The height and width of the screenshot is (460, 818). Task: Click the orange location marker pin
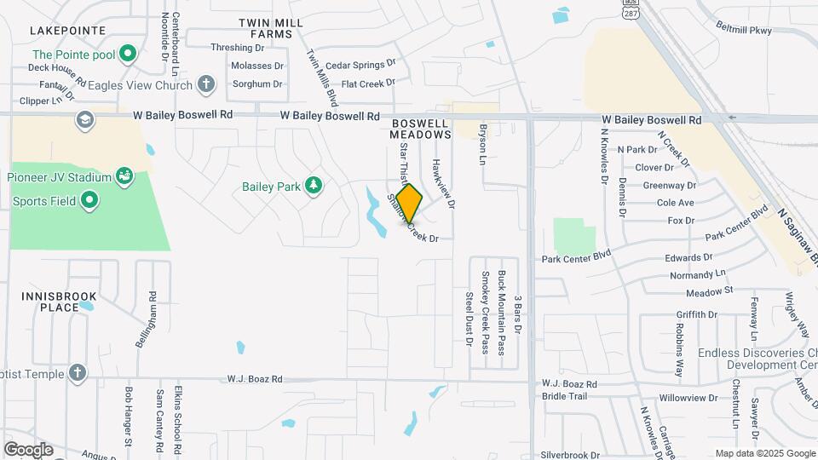(409, 203)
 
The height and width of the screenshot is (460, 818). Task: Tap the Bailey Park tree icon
(314, 186)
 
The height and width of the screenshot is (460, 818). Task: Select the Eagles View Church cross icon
(205, 84)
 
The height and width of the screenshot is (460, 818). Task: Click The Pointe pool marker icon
(128, 55)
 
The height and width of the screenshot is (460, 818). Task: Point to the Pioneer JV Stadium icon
(124, 177)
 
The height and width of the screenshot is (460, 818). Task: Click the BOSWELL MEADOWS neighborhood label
(421, 129)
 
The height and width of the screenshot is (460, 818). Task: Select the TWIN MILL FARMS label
(265, 28)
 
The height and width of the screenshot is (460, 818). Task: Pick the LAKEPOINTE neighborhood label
(67, 31)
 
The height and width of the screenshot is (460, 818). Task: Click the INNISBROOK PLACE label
(58, 301)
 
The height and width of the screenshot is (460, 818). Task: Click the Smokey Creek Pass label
(485, 312)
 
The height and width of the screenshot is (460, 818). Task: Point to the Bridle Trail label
(565, 396)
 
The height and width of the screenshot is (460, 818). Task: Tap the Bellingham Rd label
(146, 319)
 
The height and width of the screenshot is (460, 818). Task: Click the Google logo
(27, 450)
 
